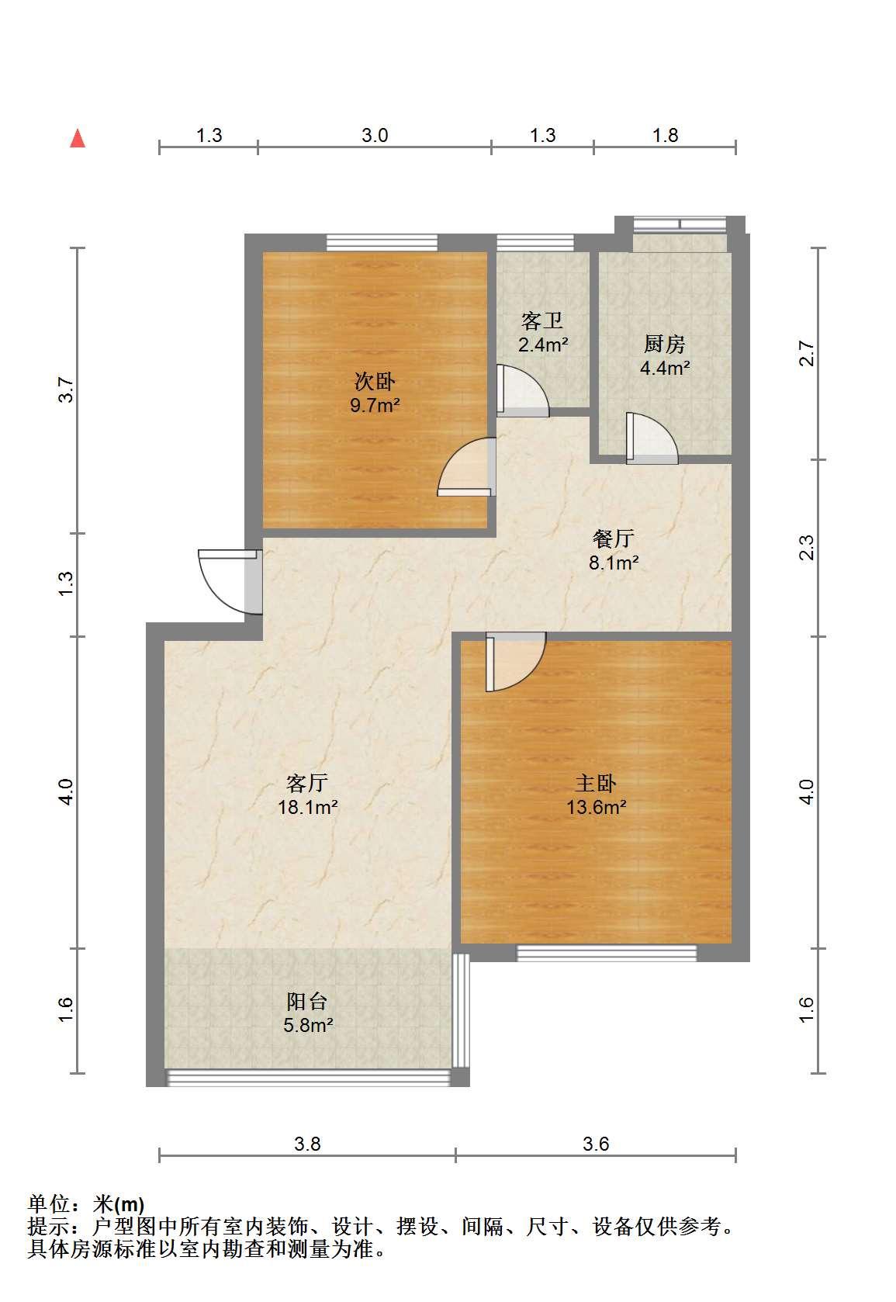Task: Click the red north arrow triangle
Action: coord(78,139)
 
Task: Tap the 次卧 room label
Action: coord(375,381)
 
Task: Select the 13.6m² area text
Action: coord(597,807)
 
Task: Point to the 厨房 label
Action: coord(665,344)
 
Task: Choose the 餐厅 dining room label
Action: coord(614,538)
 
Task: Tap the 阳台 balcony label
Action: coord(307,1001)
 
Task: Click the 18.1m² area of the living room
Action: coord(308,807)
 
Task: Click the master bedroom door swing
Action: coord(516,662)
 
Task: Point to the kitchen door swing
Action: coord(652,438)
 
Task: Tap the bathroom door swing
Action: coord(523,390)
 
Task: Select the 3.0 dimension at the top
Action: coord(375,136)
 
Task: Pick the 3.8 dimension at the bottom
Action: coord(307,1144)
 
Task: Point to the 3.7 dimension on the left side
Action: coord(66,390)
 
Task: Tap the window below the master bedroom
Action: coord(607,953)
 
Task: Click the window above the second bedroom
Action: coord(382,242)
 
